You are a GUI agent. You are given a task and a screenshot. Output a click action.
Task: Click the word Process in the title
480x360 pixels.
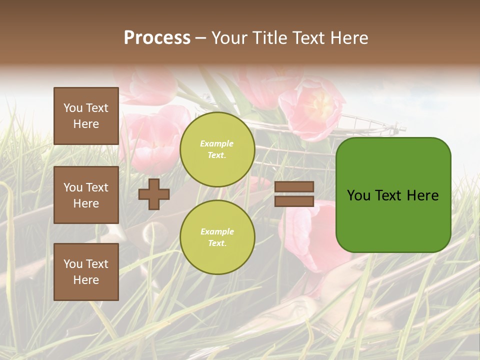[157, 38]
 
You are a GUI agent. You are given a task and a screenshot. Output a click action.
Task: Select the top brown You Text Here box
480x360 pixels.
[86, 116]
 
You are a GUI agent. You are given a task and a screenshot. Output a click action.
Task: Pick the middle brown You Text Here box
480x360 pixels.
[86, 195]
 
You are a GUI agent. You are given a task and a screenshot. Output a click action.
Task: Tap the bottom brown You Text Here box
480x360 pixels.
[86, 272]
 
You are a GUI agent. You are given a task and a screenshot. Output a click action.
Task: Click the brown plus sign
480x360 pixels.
[154, 194]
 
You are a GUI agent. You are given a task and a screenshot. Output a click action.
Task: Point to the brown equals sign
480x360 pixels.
[294, 194]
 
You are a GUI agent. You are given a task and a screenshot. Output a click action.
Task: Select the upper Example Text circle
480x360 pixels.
[217, 149]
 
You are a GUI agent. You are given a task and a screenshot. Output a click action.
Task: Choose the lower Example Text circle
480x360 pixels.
[217, 237]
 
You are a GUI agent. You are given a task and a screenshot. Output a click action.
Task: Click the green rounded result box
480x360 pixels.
[393, 195]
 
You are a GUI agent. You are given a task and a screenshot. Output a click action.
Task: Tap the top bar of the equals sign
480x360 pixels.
[294, 187]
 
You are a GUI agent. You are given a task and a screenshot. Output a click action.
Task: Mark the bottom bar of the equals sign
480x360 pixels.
[294, 201]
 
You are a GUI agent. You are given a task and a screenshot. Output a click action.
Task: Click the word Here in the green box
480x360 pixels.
[422, 195]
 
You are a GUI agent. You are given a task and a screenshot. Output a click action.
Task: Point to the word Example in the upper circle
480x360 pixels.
[217, 144]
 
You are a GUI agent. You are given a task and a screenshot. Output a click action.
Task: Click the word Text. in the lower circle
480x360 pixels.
[217, 243]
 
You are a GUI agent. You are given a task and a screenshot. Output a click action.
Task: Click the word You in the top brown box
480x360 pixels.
[73, 108]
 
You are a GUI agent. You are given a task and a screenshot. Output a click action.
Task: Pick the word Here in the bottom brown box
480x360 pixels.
[86, 280]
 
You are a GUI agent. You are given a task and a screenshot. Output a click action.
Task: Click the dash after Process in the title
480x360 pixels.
[201, 38]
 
